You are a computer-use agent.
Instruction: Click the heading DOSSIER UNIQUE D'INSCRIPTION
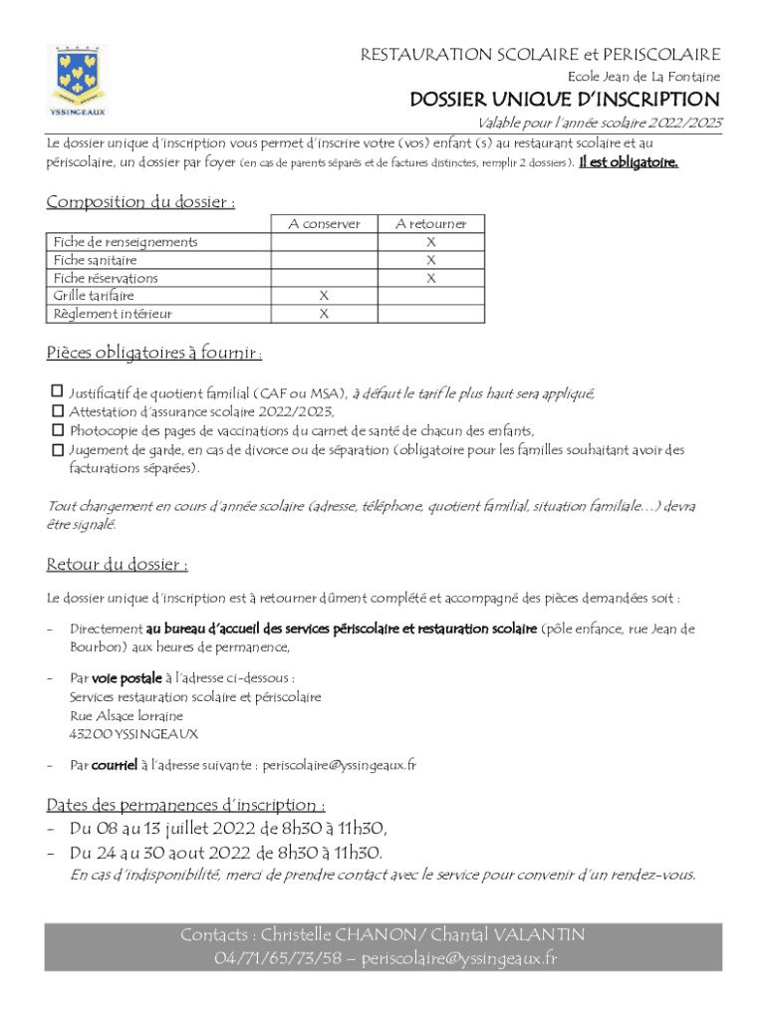click(565, 100)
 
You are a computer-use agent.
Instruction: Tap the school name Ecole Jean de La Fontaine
click(643, 77)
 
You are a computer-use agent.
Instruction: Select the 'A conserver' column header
click(324, 224)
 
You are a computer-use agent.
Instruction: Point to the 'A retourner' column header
click(430, 224)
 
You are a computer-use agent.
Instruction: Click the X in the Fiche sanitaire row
click(430, 260)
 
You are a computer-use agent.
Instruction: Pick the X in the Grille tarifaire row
click(324, 296)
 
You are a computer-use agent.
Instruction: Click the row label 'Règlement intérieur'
click(113, 314)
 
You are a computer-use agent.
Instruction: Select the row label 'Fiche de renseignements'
click(125, 242)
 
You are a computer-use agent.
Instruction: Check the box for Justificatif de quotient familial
click(57, 391)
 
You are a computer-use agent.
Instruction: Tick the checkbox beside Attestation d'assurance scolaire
click(57, 410)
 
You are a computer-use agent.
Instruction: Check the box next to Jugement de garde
click(57, 450)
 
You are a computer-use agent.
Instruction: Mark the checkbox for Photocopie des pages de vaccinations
click(57, 430)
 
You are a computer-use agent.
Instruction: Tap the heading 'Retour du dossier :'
click(117, 566)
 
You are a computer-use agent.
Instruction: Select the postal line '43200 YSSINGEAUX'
click(133, 734)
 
